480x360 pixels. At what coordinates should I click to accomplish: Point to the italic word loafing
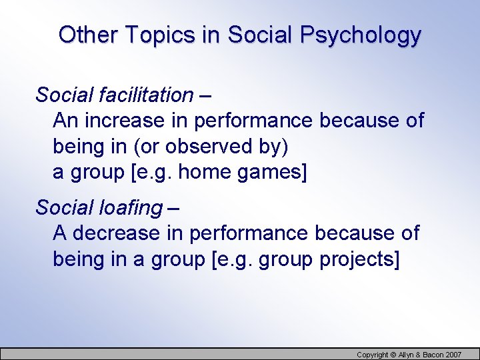[x=129, y=208]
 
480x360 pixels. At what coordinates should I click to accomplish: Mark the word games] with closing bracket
[x=274, y=172]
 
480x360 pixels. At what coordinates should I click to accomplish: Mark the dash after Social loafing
[x=173, y=208]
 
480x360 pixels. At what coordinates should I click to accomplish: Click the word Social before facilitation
[x=58, y=95]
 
